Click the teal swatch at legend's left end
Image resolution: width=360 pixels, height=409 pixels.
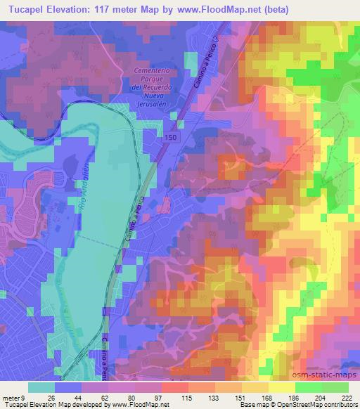pyautogui.click(x=41, y=387)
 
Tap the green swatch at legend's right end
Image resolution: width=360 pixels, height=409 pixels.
pyautogui.click(x=335, y=387)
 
